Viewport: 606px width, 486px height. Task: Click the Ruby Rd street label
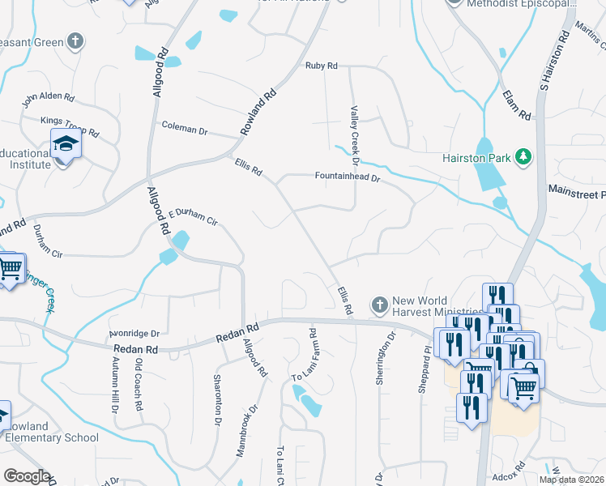click(x=321, y=66)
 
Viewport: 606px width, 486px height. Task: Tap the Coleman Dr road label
click(x=185, y=127)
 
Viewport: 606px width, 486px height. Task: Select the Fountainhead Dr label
click(x=348, y=176)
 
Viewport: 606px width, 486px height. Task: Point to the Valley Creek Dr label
click(x=354, y=130)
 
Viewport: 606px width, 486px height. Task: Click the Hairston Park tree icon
click(x=523, y=156)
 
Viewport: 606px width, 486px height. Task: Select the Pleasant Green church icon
click(x=75, y=41)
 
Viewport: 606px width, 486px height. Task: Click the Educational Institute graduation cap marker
click(x=66, y=146)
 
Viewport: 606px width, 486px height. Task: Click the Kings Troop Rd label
click(x=69, y=126)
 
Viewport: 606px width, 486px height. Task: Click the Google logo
click(x=28, y=476)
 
